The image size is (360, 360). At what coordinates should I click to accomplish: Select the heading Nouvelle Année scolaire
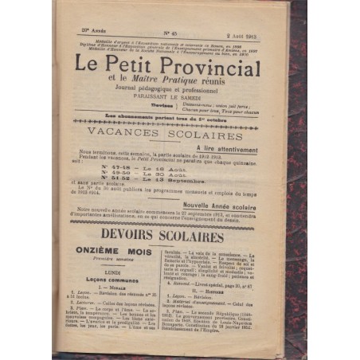pyautogui.click(x=239, y=204)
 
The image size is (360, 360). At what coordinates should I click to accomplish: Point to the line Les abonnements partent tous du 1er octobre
pyautogui.click(x=169, y=120)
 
